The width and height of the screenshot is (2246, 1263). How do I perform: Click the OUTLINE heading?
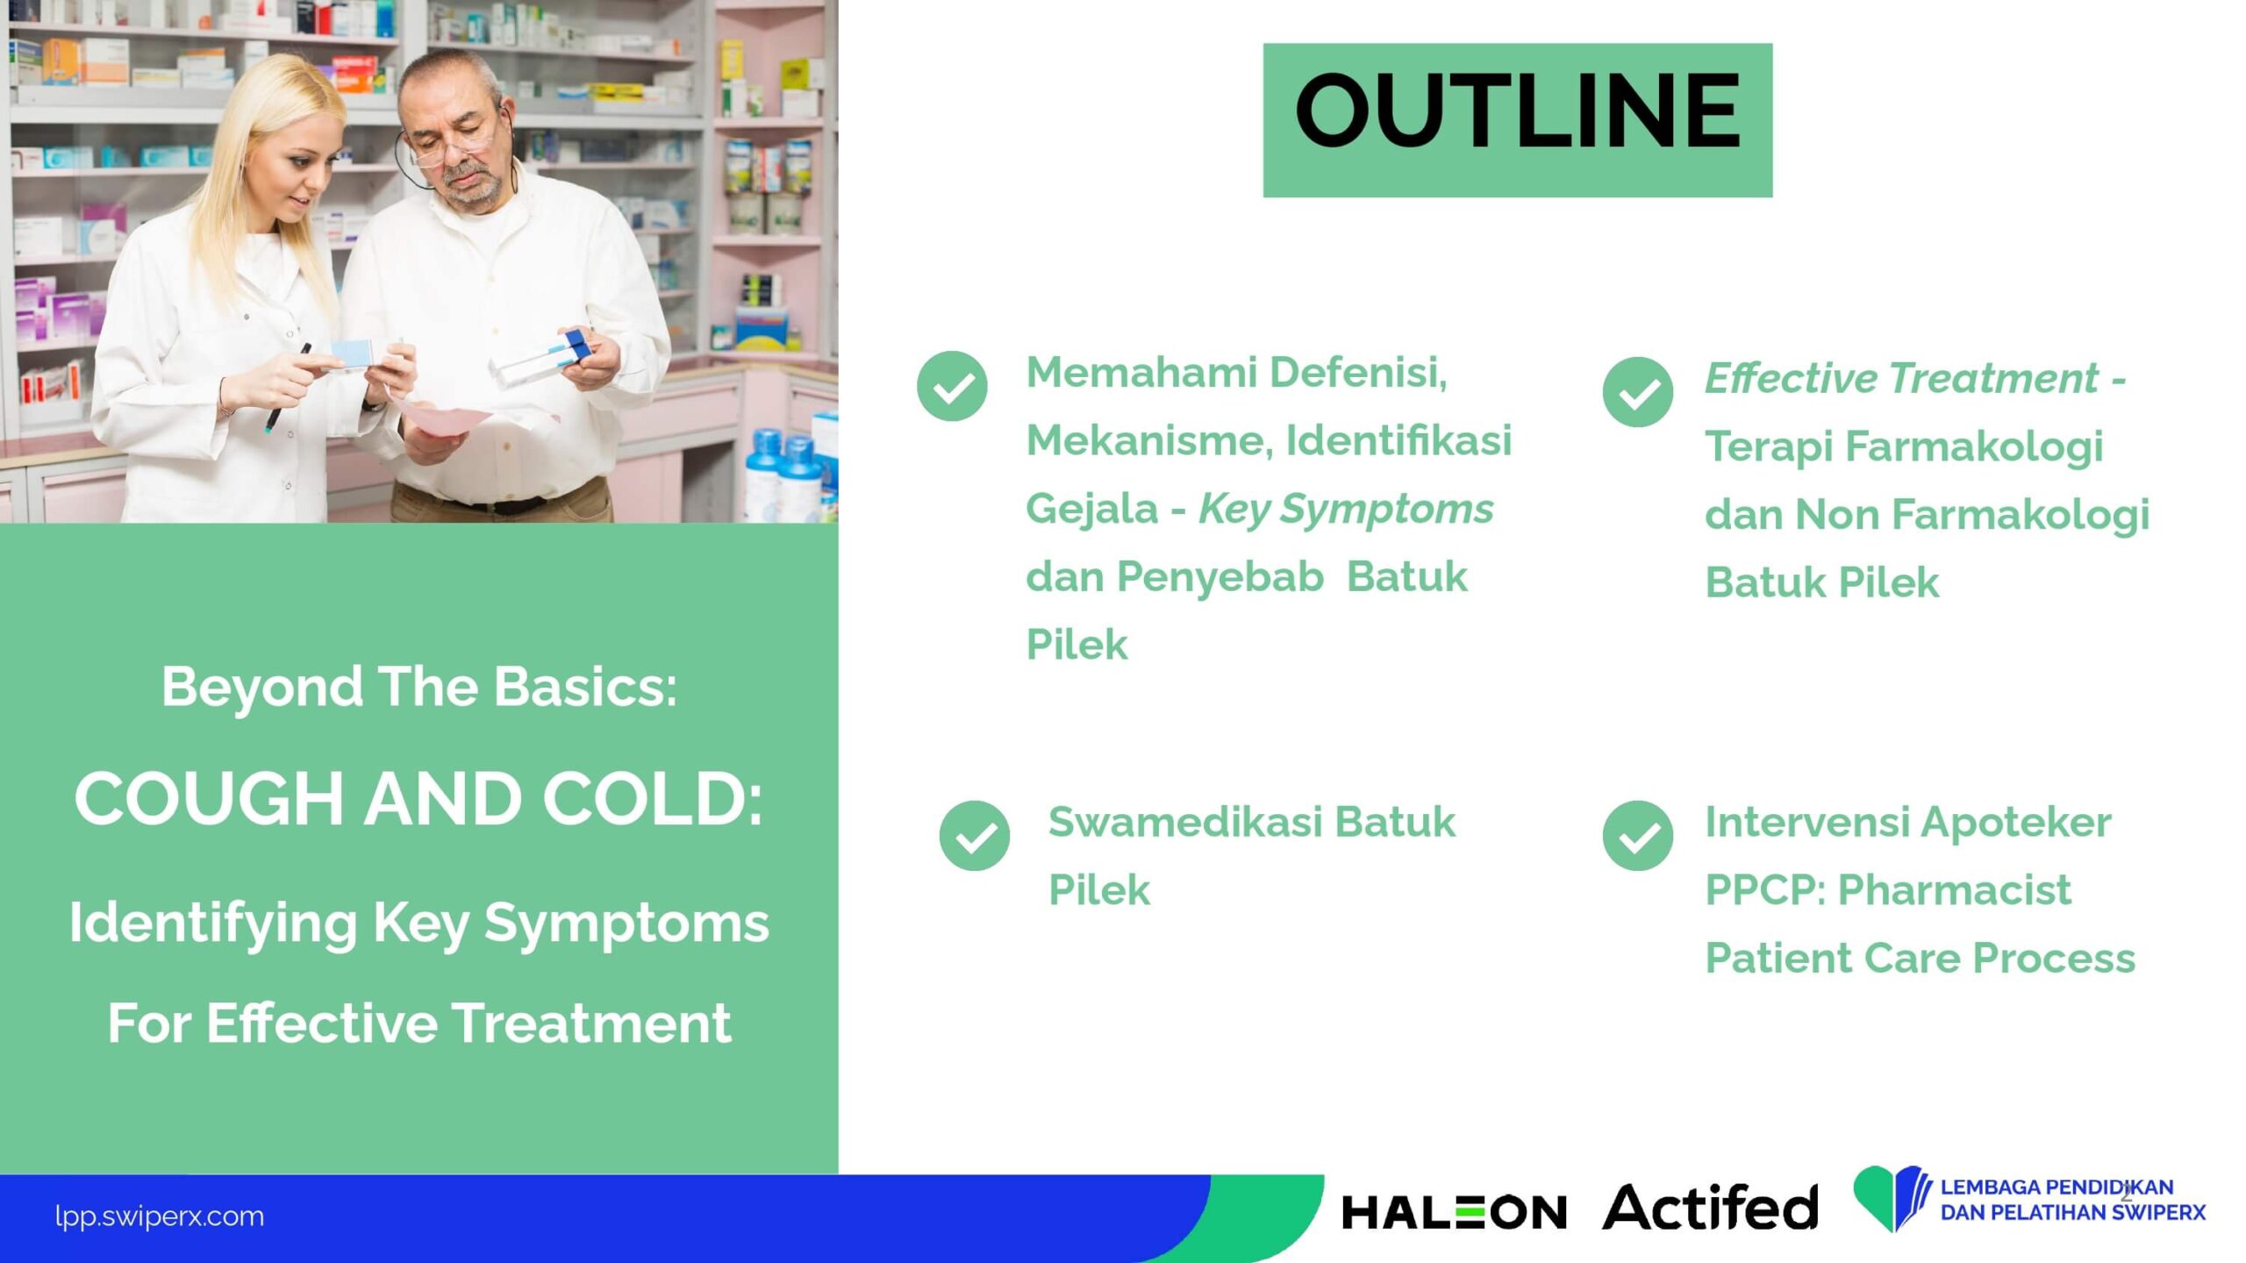(x=1517, y=111)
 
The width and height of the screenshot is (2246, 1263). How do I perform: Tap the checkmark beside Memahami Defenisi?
(x=952, y=386)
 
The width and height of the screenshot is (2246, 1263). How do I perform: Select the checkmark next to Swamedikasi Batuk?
(x=974, y=836)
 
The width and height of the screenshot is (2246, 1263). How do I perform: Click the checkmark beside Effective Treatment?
(x=1637, y=392)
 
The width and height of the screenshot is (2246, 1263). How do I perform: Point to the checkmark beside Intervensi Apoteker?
(x=1637, y=836)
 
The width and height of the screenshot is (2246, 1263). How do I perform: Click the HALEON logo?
(x=1454, y=1213)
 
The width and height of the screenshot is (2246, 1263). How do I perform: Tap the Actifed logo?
(x=1710, y=1207)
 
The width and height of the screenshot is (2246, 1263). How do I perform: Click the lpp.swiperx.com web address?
(x=159, y=1217)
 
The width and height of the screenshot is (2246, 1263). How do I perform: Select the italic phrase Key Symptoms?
(x=1346, y=510)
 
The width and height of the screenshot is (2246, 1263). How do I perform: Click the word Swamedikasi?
(x=1185, y=822)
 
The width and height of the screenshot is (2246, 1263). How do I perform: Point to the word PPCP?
(x=1764, y=890)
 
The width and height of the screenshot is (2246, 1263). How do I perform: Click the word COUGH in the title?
(x=209, y=799)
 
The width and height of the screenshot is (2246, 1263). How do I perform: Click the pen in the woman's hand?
(x=287, y=387)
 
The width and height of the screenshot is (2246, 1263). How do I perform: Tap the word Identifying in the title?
(x=213, y=924)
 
